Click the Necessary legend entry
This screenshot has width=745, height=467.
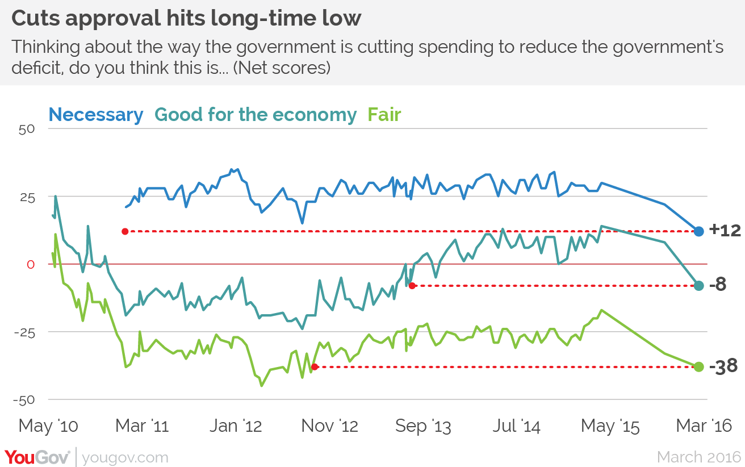[96, 115]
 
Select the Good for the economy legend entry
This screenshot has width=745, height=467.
[256, 115]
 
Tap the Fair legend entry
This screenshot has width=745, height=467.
[384, 115]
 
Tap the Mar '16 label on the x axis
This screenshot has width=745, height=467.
[702, 426]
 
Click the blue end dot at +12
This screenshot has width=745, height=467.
[698, 231]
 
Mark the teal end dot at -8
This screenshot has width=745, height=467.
[698, 285]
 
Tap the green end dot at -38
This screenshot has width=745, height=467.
[698, 366]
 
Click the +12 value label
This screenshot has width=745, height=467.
[725, 231]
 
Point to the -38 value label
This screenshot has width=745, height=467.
[723, 366]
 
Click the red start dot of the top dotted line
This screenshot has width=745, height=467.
[125, 231]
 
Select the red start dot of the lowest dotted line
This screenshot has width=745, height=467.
[315, 367]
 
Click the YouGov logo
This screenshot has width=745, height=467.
[37, 457]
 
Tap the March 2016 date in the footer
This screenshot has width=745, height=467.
[698, 457]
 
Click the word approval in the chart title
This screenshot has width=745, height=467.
[111, 19]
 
